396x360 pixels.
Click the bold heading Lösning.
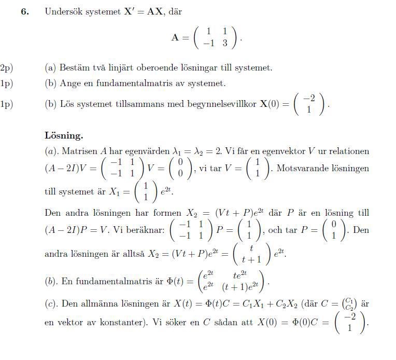[x=64, y=136]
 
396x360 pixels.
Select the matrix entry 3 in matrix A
[x=225, y=44]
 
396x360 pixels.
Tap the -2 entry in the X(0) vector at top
[x=309, y=98]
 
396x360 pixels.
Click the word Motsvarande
[x=304, y=169]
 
